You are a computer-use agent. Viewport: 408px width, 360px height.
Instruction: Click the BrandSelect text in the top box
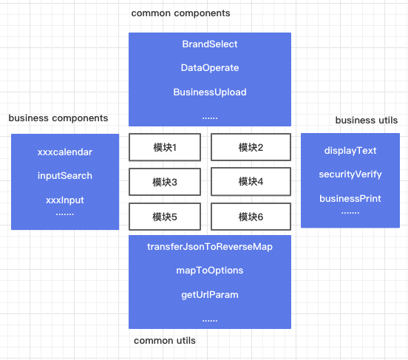point(210,44)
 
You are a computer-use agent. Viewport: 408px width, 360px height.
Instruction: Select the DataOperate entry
point(210,68)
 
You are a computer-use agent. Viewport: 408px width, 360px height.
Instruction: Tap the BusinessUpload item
point(210,92)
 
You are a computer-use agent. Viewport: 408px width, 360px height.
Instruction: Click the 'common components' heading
point(180,13)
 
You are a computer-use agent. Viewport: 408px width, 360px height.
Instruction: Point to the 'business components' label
point(58,118)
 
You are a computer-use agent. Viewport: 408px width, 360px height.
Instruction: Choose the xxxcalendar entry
point(65,152)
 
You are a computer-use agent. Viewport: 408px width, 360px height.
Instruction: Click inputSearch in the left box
point(65,176)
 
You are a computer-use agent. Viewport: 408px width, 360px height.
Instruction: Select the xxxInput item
point(65,200)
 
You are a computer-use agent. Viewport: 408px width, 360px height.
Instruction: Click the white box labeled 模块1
point(165,147)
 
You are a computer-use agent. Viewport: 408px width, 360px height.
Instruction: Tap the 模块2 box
point(251,147)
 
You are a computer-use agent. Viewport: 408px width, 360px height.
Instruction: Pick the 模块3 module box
point(165,182)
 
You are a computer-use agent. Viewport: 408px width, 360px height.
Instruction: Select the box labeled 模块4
point(251,182)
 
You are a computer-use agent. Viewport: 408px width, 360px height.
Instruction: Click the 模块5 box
point(165,217)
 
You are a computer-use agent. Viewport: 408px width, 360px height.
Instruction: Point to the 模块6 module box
point(251,217)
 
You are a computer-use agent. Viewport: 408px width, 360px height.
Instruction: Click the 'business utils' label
point(367,120)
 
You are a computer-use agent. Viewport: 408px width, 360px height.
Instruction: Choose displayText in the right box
point(350,151)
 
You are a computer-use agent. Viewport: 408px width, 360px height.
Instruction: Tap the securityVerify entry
point(350,174)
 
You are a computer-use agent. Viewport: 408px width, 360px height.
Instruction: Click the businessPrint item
point(350,199)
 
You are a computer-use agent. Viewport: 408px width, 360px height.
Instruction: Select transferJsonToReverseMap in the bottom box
point(210,246)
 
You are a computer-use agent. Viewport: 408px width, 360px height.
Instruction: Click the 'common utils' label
point(164,341)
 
